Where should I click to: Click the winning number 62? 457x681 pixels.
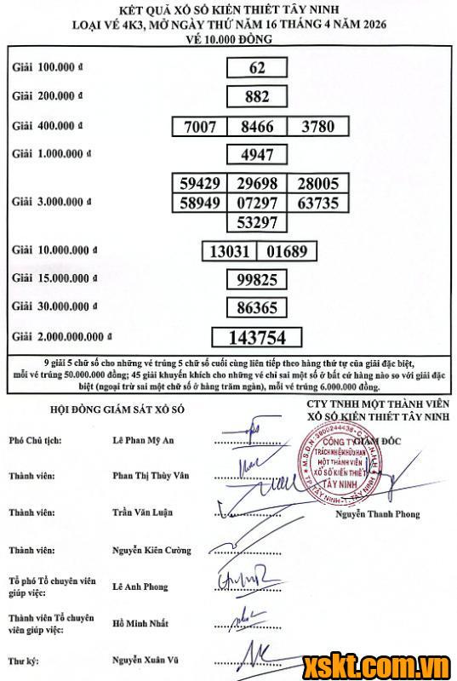point(257,68)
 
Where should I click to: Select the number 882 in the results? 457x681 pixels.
point(257,97)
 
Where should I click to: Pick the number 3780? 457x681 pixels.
point(317,127)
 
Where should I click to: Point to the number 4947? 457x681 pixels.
point(257,155)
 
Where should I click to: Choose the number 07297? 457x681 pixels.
point(257,203)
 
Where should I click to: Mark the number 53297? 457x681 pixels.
point(257,223)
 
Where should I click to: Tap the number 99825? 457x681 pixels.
point(257,279)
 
